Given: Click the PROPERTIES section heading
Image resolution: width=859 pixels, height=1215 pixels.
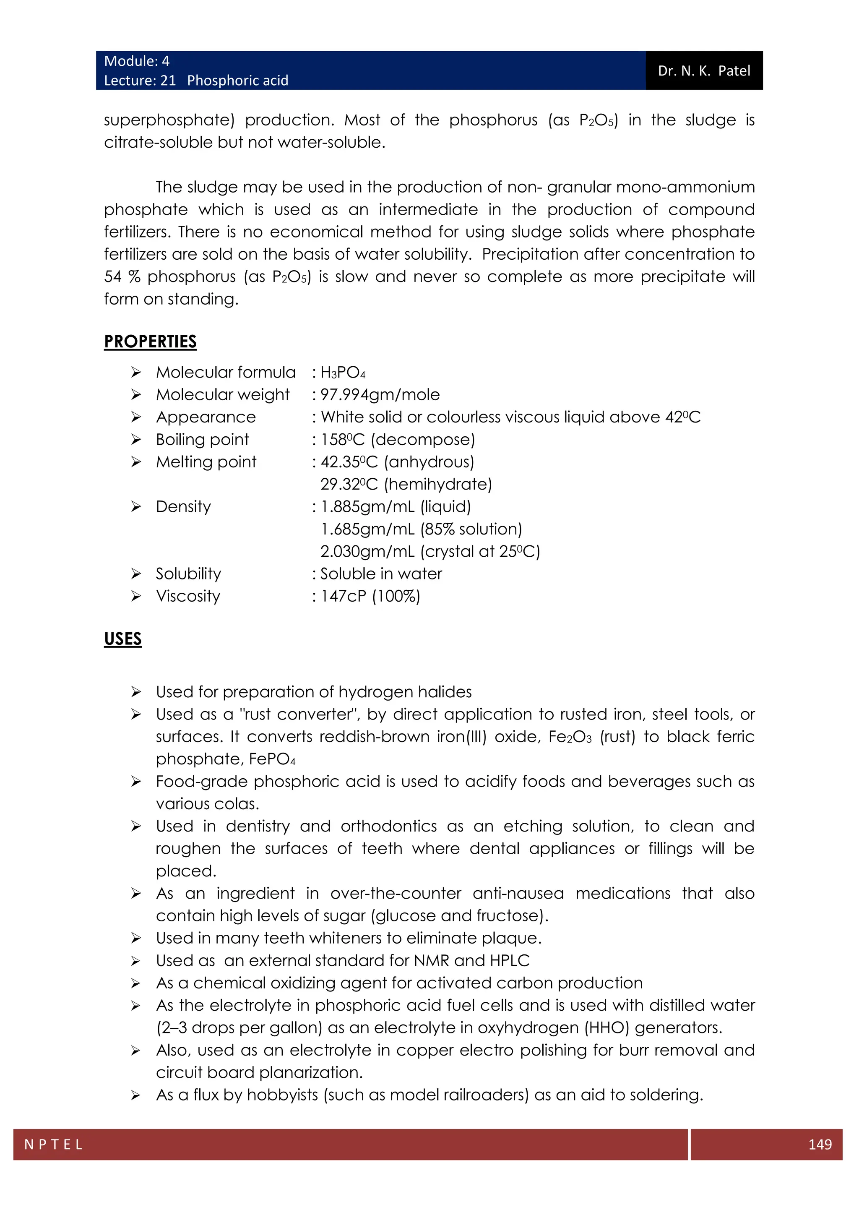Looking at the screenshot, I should [150, 342].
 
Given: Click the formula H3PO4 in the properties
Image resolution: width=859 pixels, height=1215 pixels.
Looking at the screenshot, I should [343, 373].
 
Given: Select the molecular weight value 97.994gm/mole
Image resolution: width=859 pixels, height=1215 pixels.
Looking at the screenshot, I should [380, 395].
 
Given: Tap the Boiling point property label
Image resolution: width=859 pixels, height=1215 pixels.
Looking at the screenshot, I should [202, 440].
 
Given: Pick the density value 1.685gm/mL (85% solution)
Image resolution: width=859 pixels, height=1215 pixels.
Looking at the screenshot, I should [421, 529].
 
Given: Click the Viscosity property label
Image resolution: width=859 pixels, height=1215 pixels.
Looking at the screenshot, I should [188, 597].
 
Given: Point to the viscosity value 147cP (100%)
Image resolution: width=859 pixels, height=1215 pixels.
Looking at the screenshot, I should [370, 597].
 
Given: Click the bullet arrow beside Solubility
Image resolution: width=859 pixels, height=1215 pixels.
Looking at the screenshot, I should [136, 574].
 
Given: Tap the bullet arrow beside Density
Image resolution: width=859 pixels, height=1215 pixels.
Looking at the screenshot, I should [136, 507].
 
